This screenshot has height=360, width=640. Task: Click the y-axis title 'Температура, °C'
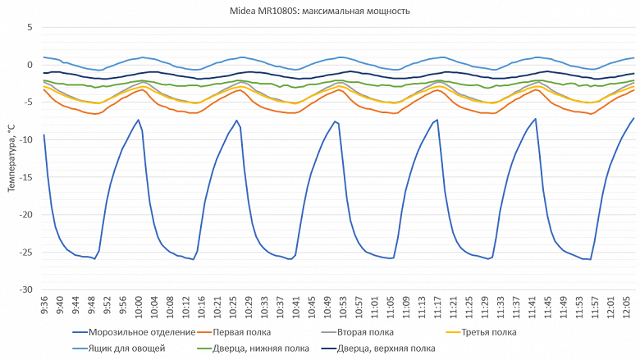[x=11, y=158]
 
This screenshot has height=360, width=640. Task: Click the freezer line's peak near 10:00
[x=138, y=120]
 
